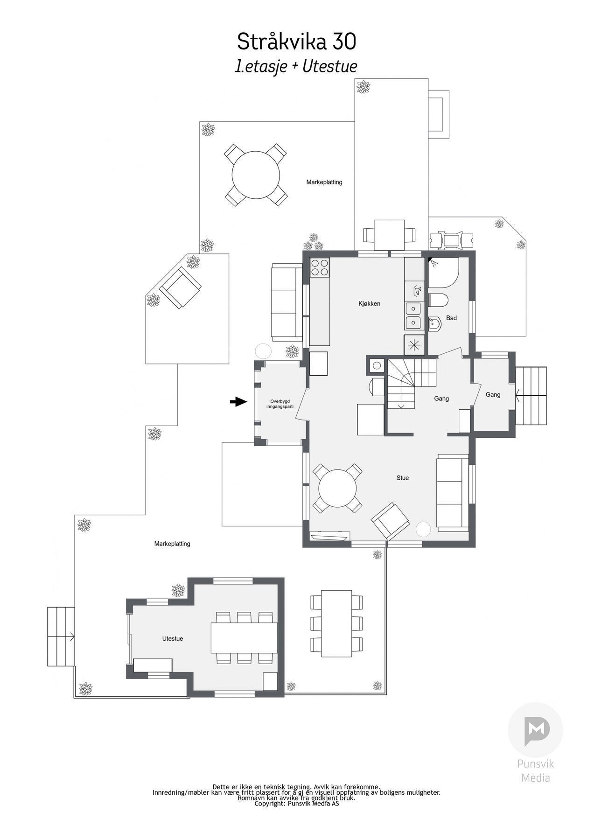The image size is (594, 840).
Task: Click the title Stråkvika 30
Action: [296, 42]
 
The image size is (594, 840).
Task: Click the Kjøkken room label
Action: [369, 304]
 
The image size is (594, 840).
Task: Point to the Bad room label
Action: [451, 318]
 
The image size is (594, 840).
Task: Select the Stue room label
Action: [402, 478]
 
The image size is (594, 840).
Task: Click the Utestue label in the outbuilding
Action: [172, 638]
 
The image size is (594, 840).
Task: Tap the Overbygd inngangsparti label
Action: [282, 404]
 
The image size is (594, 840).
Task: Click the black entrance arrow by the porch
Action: [238, 401]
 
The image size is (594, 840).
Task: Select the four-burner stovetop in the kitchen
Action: [320, 268]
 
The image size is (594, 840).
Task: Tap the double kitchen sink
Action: [413, 315]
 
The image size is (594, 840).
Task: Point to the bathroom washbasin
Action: [434, 322]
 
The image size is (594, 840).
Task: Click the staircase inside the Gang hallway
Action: [409, 383]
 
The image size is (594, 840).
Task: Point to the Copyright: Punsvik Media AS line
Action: [296, 804]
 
